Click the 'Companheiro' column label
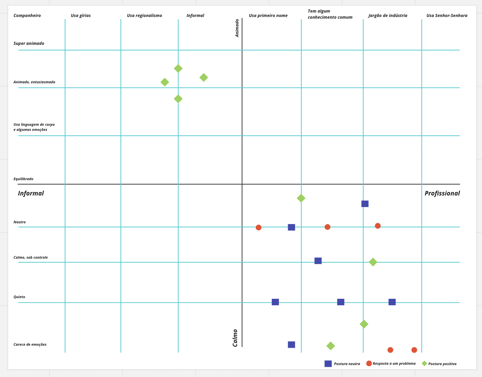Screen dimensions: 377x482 point(27,16)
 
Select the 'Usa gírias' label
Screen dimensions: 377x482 point(81,16)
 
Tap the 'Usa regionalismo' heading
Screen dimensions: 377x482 point(144,16)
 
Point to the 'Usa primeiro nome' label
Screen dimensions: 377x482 point(268,16)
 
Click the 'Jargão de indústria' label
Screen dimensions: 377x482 point(387,16)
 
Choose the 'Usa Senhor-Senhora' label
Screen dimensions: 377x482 point(447,16)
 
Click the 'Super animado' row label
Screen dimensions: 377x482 point(29,44)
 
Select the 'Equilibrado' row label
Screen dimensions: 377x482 point(23,179)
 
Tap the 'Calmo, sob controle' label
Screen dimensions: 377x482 point(31,257)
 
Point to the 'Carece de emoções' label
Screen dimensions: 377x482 point(30,344)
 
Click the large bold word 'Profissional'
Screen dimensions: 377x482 point(442,193)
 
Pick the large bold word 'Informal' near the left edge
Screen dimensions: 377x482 point(31,193)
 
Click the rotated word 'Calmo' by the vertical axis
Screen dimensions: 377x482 point(235,338)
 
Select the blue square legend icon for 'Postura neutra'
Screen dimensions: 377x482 point(328,364)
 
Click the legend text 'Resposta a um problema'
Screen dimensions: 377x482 point(394,363)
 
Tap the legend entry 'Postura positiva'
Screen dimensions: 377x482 point(442,364)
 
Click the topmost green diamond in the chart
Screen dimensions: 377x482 point(178,69)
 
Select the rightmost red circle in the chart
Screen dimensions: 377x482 point(414,350)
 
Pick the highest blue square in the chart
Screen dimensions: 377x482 point(365,204)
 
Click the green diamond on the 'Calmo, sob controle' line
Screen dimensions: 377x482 point(373,262)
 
